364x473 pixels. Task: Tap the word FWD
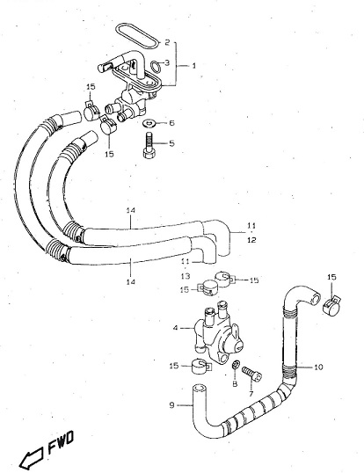[61, 442]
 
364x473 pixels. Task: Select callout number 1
[193, 65]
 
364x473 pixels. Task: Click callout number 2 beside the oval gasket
[167, 42]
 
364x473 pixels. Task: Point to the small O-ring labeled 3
[156, 67]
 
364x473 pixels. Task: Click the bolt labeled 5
[149, 145]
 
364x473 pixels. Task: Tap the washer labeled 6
[149, 123]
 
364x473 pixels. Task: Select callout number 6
[171, 123]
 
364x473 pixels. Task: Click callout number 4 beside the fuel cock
[176, 328]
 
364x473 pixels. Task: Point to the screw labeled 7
[252, 374]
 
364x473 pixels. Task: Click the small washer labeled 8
[236, 365]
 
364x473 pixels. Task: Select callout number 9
[171, 404]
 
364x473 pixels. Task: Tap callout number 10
[318, 367]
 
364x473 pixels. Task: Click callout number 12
[251, 240]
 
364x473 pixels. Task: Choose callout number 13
[186, 276]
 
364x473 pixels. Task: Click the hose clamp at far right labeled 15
[331, 305]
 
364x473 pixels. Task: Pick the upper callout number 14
[131, 210]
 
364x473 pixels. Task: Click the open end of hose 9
[199, 388]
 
